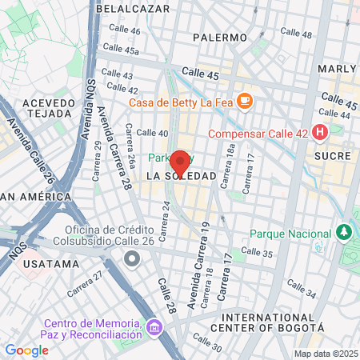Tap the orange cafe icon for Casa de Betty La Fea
(x=246, y=101)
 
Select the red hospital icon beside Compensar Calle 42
(x=321, y=131)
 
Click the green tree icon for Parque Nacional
(x=344, y=232)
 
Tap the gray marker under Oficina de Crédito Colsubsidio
(x=131, y=258)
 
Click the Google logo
(x=26, y=350)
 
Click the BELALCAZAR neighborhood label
(x=133, y=8)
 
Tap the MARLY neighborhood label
(x=337, y=69)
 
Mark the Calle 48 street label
(x=297, y=34)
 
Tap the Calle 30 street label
(x=206, y=346)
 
